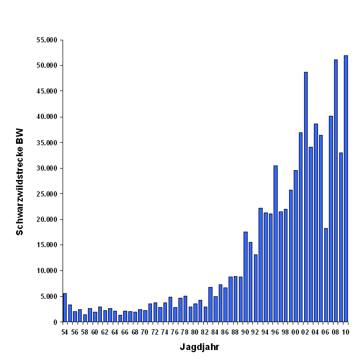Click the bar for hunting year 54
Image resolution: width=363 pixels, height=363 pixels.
coord(65,308)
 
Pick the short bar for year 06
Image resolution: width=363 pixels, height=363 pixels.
coord(326,275)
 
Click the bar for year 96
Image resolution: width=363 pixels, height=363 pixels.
coord(276,244)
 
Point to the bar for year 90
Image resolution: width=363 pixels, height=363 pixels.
coord(246,277)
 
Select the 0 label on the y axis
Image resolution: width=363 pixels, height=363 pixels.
coord(55,322)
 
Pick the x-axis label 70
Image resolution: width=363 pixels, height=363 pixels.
coord(145,332)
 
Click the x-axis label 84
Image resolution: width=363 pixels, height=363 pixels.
coord(215,332)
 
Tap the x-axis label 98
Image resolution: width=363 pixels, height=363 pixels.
coord(285,332)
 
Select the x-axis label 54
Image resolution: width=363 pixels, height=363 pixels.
coord(65,332)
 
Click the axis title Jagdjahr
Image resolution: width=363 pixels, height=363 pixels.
coord(199,347)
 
